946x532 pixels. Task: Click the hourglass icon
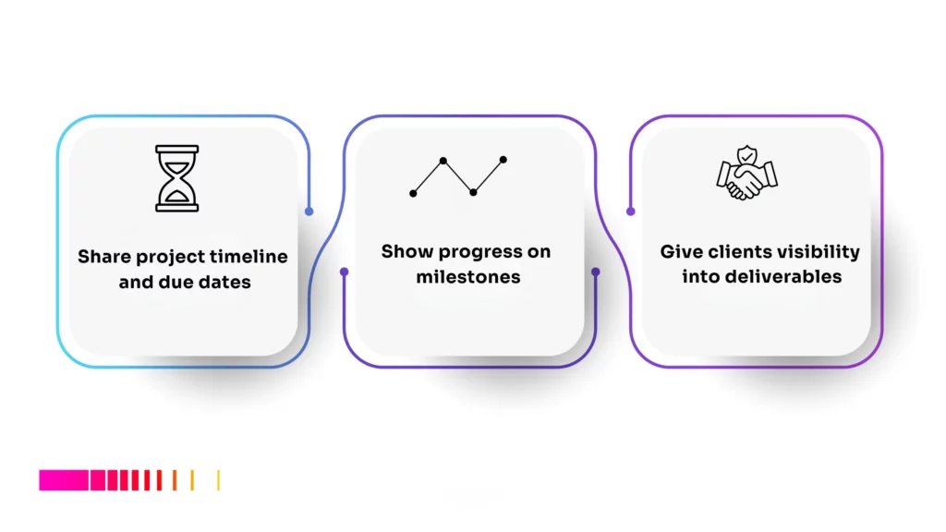tap(176, 177)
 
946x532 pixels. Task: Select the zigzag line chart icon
tap(458, 175)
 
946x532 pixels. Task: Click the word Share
tap(104, 257)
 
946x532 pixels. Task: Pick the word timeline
tap(249, 257)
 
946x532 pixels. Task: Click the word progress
tap(479, 251)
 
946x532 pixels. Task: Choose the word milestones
tap(468, 276)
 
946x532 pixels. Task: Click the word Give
tap(680, 251)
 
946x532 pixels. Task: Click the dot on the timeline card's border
tap(309, 211)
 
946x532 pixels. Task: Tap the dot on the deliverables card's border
tap(631, 211)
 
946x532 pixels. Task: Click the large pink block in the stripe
tap(64, 480)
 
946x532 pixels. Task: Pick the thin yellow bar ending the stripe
tap(218, 480)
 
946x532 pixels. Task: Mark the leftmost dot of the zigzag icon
tap(413, 192)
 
